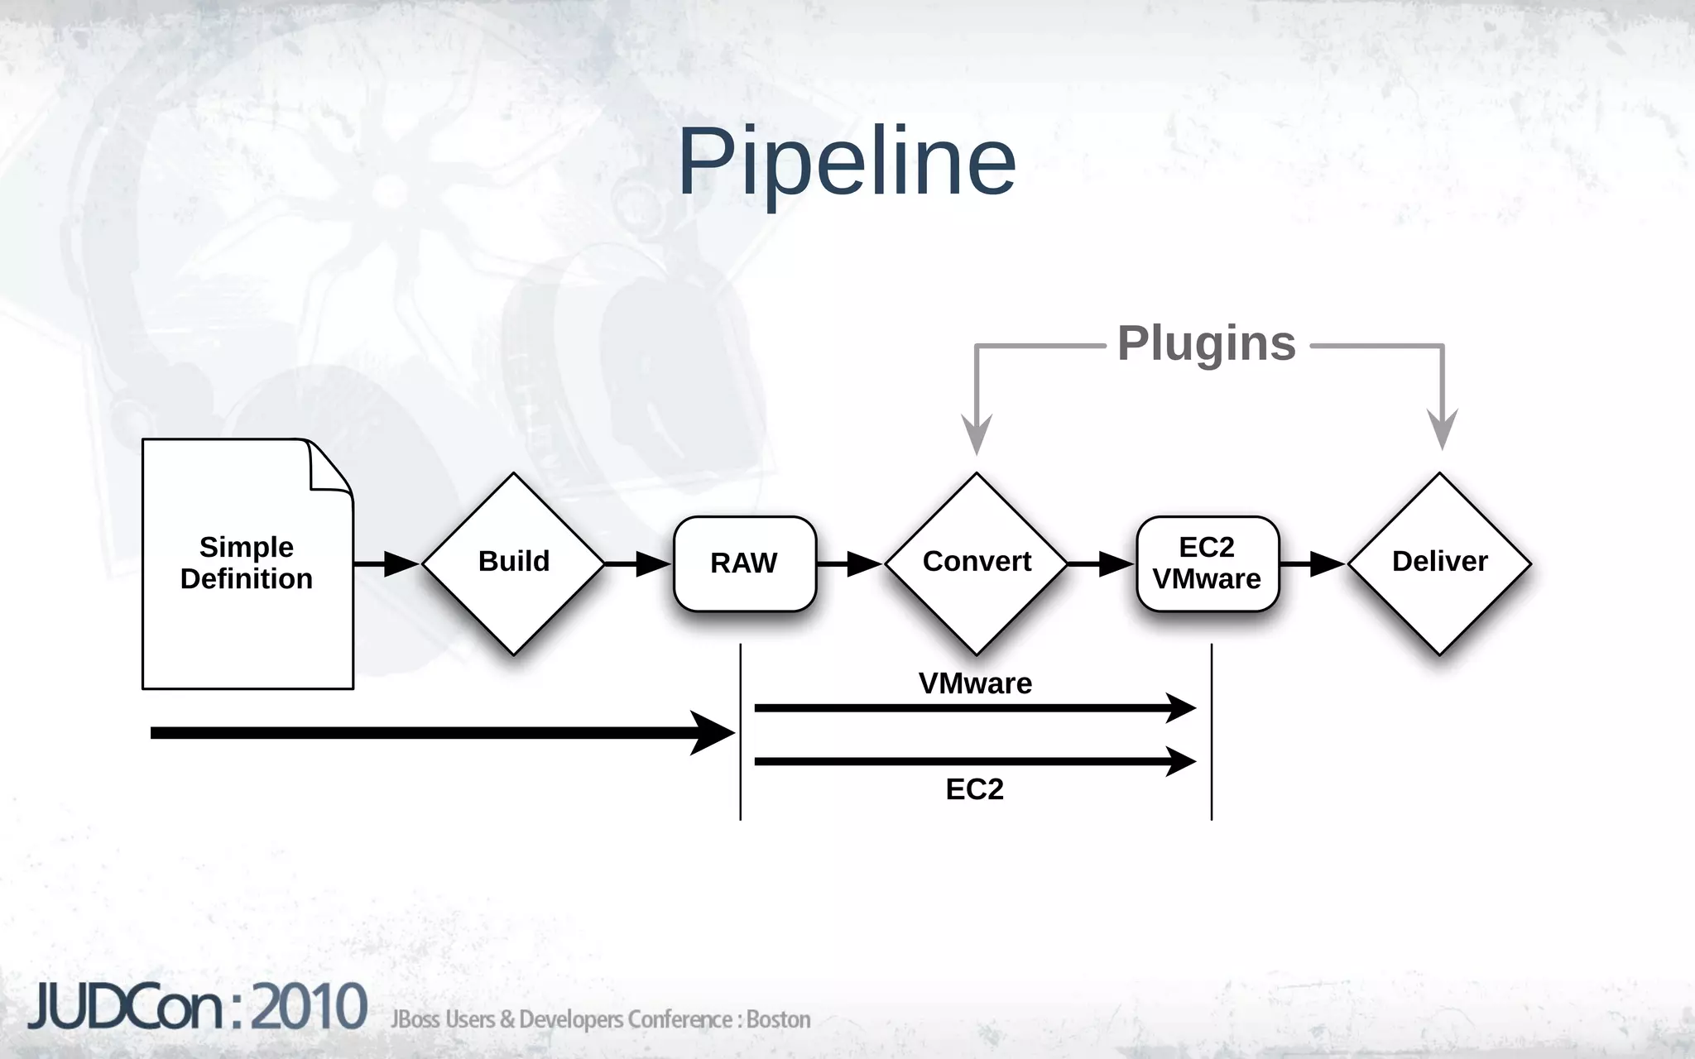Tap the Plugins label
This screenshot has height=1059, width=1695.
tap(1206, 343)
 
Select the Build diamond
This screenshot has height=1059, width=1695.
tap(513, 563)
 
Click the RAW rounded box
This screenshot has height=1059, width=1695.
tap(744, 563)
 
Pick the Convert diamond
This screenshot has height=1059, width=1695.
tap(977, 563)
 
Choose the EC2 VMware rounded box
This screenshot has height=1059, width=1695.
tap(1207, 563)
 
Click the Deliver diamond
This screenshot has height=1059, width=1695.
tap(1439, 563)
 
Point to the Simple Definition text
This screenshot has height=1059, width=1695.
tap(247, 563)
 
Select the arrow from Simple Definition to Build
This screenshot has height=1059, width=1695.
tap(387, 564)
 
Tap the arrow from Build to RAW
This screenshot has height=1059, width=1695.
tap(637, 564)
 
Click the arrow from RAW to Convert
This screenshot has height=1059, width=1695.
tap(850, 564)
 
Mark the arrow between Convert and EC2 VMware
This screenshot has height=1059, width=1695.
tap(1101, 564)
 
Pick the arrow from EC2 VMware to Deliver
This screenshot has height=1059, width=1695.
tap(1313, 564)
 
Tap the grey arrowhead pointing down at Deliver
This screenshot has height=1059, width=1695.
tap(1443, 429)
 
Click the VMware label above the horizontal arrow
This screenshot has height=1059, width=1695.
tap(975, 683)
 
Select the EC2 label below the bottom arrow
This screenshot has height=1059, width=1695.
tap(974, 789)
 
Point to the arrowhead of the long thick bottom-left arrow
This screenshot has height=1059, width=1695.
tap(712, 733)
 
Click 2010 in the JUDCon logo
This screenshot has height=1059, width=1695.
tap(309, 1008)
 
